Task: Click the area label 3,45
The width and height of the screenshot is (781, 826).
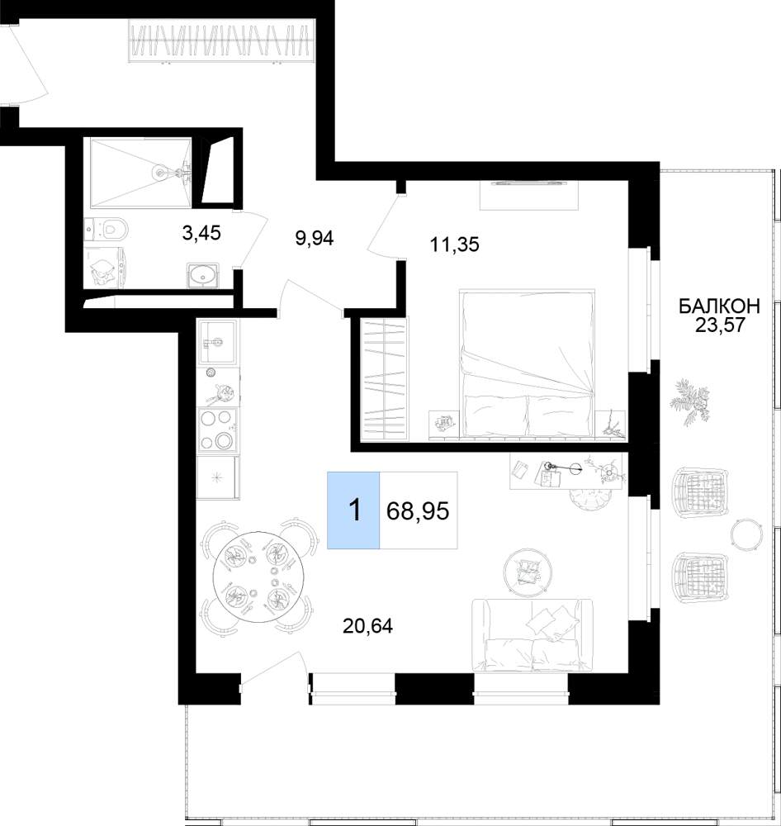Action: (x=201, y=232)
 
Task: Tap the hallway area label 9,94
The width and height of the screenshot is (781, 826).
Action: (x=315, y=239)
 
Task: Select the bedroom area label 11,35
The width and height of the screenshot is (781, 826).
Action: (x=455, y=244)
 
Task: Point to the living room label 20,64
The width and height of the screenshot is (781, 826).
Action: (x=367, y=626)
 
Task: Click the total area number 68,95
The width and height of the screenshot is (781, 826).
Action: (x=418, y=510)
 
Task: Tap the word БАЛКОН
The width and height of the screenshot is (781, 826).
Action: (x=719, y=306)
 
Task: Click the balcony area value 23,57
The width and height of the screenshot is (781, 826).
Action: (x=720, y=325)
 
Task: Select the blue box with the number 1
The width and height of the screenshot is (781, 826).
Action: (x=353, y=510)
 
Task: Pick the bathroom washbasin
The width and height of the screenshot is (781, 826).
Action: (x=203, y=274)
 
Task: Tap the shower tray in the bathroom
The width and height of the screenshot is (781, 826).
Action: (x=141, y=173)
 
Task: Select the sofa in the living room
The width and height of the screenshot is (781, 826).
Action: (x=532, y=635)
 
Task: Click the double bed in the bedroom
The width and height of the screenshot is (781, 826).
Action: (x=528, y=363)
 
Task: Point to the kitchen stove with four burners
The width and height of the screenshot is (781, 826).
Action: (x=217, y=430)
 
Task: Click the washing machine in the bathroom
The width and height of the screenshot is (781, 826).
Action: (x=106, y=267)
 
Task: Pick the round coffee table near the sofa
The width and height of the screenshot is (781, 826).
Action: (x=528, y=572)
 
